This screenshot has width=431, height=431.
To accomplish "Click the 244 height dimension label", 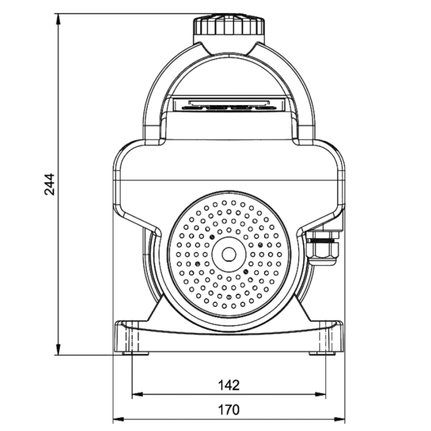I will (49, 184).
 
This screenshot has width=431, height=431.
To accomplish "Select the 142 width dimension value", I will (228, 385).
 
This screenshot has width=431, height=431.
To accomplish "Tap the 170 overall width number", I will (228, 410).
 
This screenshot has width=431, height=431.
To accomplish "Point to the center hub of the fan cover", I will (229, 253).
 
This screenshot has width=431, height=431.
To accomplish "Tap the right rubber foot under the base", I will (322, 353).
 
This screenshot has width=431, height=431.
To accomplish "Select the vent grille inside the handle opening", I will (228, 104).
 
